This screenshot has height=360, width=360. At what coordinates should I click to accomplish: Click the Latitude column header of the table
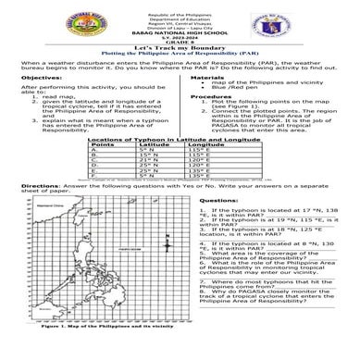[154, 143]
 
